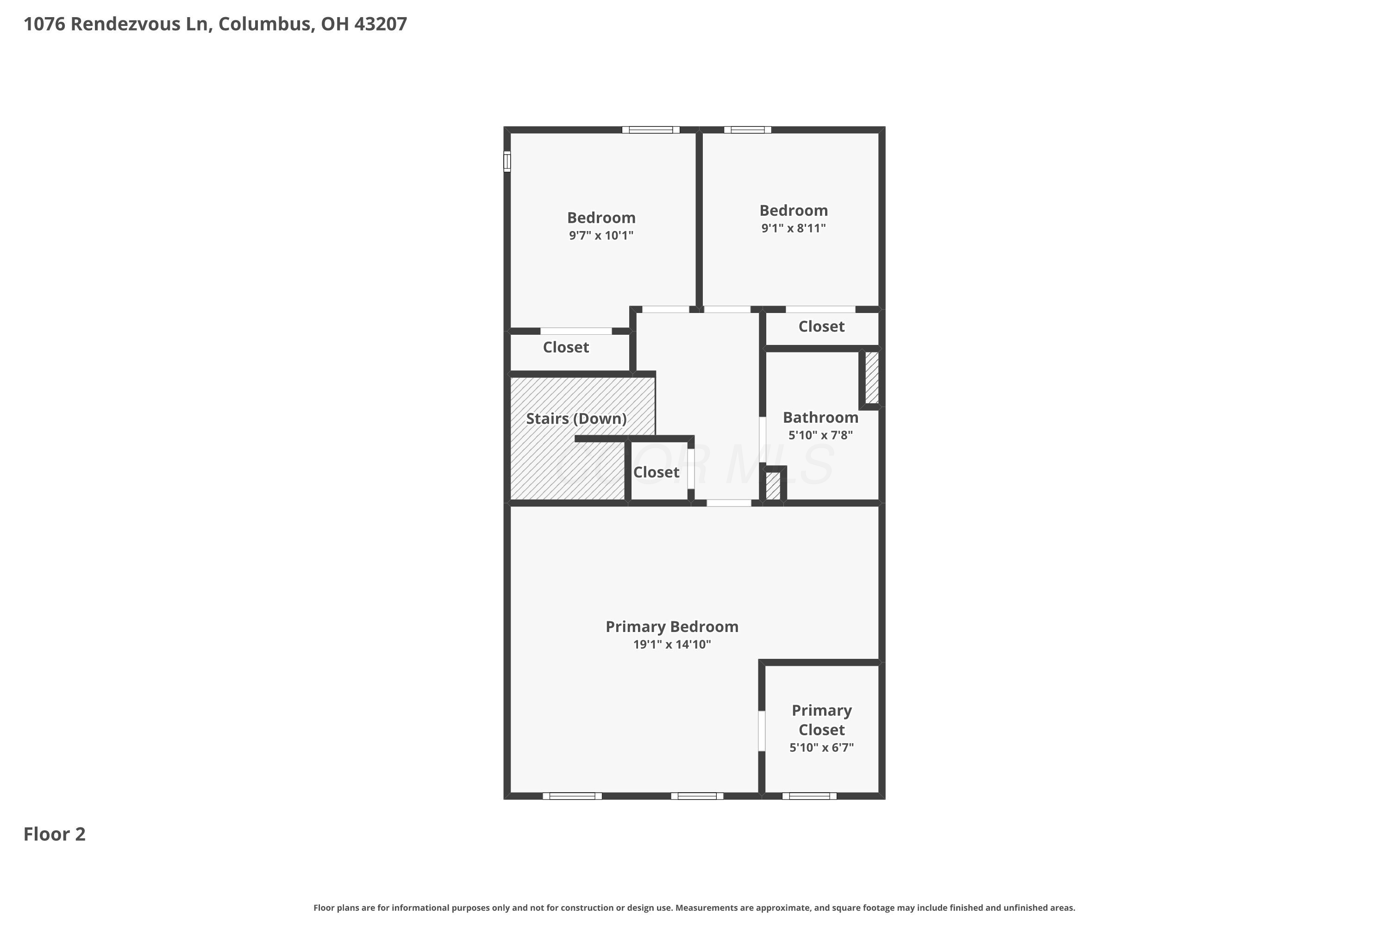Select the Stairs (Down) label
pyautogui.click(x=576, y=419)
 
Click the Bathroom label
pyautogui.click(x=820, y=418)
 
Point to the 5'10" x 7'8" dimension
pyautogui.click(x=820, y=435)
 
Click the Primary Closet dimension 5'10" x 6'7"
pyautogui.click(x=821, y=748)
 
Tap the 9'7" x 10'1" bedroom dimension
pyautogui.click(x=601, y=236)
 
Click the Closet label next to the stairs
pyautogui.click(x=656, y=472)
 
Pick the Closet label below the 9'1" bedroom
pyautogui.click(x=821, y=326)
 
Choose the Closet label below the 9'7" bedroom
pyautogui.click(x=566, y=347)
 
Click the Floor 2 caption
pyautogui.click(x=54, y=834)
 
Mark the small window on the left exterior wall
pyautogui.click(x=507, y=161)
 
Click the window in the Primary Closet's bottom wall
pyautogui.click(x=809, y=796)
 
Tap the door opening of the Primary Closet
pyautogui.click(x=762, y=731)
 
